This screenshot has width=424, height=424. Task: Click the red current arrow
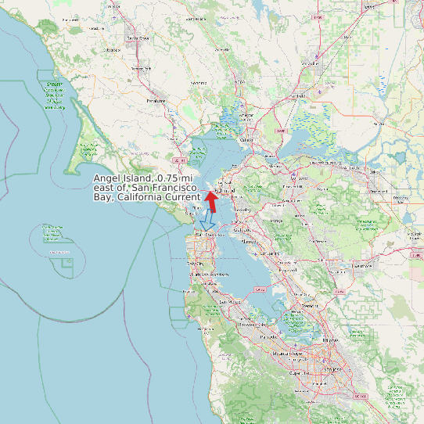point(211,200)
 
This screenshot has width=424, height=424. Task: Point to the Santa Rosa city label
point(138,38)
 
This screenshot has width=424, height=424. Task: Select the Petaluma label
point(156,100)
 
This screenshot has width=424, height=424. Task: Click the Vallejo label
point(247,140)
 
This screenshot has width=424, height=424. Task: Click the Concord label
point(298,178)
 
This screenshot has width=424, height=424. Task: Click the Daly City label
point(195,264)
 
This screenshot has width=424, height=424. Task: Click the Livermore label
point(361,266)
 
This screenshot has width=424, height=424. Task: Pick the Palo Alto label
point(268,336)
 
